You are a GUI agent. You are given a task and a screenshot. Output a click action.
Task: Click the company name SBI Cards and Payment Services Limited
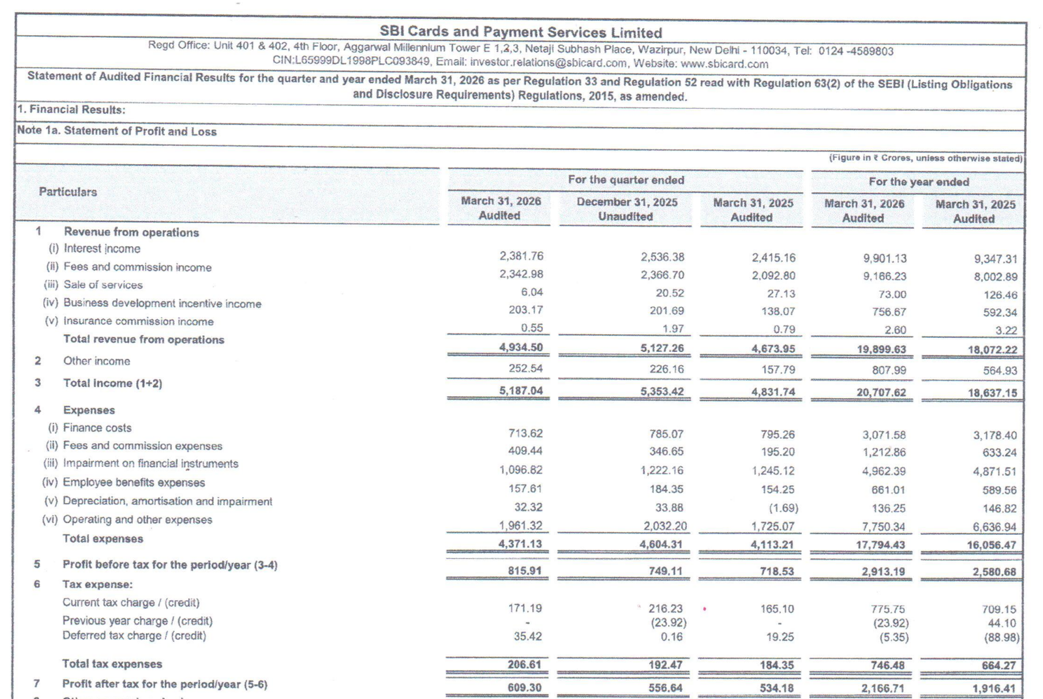(x=520, y=32)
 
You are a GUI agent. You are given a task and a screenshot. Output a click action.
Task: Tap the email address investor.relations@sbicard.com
(x=548, y=63)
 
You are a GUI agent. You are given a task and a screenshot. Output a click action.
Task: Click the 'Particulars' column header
(x=68, y=192)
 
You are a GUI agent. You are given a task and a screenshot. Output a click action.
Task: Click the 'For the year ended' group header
(x=918, y=182)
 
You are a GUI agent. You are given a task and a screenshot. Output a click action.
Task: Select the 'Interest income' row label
(x=102, y=248)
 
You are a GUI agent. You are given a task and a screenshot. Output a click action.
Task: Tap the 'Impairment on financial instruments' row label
(x=150, y=463)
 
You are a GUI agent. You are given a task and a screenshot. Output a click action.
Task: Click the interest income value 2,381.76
(x=521, y=256)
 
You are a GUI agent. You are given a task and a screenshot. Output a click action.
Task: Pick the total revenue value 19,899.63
(x=881, y=349)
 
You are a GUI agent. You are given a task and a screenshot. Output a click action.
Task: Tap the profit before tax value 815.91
(x=525, y=571)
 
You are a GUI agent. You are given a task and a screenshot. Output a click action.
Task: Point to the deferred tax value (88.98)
(x=1001, y=637)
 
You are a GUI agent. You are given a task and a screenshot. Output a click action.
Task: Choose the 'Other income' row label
(x=96, y=361)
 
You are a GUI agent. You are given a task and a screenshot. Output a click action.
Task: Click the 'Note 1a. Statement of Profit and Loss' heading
(x=117, y=131)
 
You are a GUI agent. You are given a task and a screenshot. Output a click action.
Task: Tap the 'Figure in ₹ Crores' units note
(x=925, y=158)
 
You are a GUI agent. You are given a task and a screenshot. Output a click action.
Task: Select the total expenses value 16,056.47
(x=992, y=545)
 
